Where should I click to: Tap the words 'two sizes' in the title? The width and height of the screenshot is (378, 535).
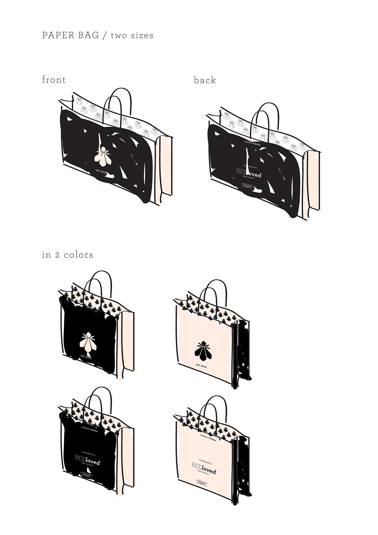coord(132,35)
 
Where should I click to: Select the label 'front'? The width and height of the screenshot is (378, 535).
coord(54,80)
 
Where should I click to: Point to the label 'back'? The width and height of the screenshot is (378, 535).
coord(205,80)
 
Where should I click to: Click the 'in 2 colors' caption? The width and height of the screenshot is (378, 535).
coord(67,255)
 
